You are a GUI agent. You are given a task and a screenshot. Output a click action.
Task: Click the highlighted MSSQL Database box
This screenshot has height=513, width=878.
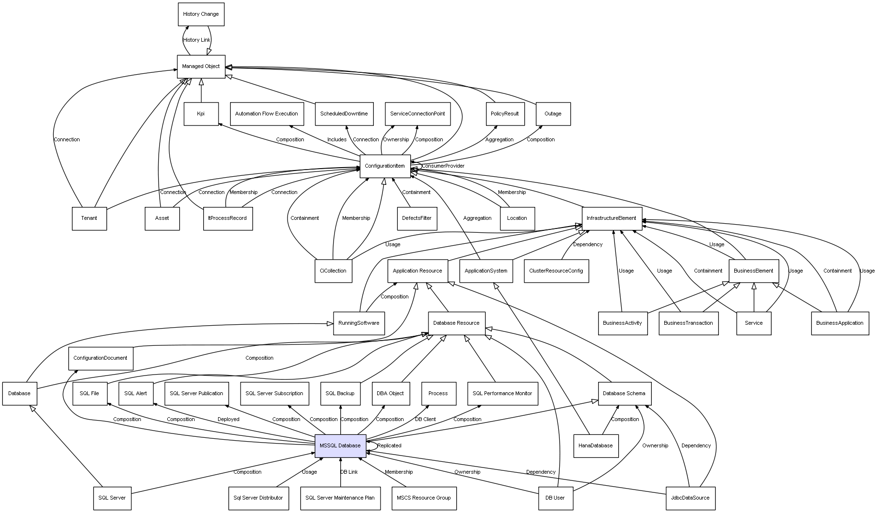pos(340,445)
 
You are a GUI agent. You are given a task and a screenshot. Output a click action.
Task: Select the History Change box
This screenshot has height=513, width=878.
pos(201,14)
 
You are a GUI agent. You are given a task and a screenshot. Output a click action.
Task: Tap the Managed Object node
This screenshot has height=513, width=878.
pos(201,67)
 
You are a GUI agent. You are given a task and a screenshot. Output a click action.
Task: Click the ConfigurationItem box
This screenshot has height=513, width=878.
pos(385,166)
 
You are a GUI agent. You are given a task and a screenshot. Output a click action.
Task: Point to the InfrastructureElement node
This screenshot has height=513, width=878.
pos(612,218)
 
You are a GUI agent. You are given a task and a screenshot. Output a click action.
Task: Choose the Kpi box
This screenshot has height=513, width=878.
pos(201,114)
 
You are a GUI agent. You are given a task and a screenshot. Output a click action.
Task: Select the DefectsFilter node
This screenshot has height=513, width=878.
pos(417,218)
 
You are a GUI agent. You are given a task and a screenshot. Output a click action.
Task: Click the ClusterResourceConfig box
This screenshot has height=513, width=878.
pos(556,271)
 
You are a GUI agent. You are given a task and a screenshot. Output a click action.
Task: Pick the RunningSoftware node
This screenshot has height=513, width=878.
pos(358,323)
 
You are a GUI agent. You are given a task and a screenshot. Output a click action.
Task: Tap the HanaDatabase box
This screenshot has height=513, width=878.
pos(596,445)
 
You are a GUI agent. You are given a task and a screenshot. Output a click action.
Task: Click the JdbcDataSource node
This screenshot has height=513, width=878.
pos(690,498)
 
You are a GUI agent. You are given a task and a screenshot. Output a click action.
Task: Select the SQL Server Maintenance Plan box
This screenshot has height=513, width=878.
pos(340,498)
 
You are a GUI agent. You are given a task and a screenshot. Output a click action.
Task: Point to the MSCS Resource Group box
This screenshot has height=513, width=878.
pos(424,498)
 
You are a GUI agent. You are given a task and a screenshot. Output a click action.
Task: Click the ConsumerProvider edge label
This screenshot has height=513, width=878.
pos(443,166)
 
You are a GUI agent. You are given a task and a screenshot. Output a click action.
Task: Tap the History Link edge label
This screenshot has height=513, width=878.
pos(196,40)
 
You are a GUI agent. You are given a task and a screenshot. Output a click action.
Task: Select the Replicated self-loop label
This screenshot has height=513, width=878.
pos(389,445)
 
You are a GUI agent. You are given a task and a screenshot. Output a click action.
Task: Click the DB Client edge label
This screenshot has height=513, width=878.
pos(425,420)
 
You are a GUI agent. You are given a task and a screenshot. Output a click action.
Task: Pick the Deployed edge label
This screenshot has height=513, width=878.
pos(228,420)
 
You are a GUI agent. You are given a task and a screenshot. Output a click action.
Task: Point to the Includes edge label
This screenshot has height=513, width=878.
pos(337,140)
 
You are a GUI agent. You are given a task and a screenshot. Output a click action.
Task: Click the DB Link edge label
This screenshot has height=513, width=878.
pos(349,472)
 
